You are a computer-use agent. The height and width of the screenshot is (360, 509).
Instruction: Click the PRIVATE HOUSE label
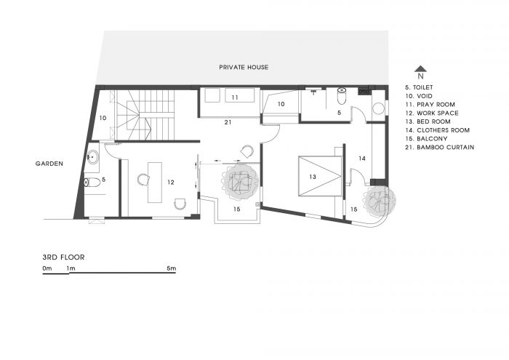[x=244, y=67]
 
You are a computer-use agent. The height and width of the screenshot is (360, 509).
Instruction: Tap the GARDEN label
[x=49, y=164]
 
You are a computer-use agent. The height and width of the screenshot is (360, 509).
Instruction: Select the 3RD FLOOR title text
[x=64, y=257]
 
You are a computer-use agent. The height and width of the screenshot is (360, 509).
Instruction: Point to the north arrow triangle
[x=421, y=68]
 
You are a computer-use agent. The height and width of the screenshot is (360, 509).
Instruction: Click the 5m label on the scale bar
[x=172, y=268]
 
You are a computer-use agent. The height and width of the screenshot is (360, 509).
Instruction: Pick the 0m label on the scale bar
[x=47, y=268]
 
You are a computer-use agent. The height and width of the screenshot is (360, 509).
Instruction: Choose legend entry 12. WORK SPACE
[x=432, y=113]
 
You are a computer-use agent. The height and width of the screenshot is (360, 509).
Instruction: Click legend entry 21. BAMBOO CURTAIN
[x=439, y=148]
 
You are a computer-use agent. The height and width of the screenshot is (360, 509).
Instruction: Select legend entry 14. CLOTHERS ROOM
[x=437, y=130]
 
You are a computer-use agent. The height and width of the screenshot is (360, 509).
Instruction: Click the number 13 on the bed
[x=313, y=177]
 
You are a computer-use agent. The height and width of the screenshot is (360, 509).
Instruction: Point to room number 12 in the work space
[x=171, y=183]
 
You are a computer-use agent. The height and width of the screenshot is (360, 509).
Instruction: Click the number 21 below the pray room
[x=228, y=122]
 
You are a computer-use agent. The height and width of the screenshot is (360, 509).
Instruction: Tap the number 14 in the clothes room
[x=362, y=159]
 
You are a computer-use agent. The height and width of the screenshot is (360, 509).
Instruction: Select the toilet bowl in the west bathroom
[x=92, y=183]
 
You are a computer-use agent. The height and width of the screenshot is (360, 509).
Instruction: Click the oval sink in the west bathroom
[x=92, y=157]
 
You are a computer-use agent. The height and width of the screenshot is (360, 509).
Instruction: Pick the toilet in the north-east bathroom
[x=342, y=96]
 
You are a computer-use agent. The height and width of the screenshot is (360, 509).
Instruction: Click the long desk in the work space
[x=155, y=183]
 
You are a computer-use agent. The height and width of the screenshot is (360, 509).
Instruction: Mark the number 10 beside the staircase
[x=103, y=118]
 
